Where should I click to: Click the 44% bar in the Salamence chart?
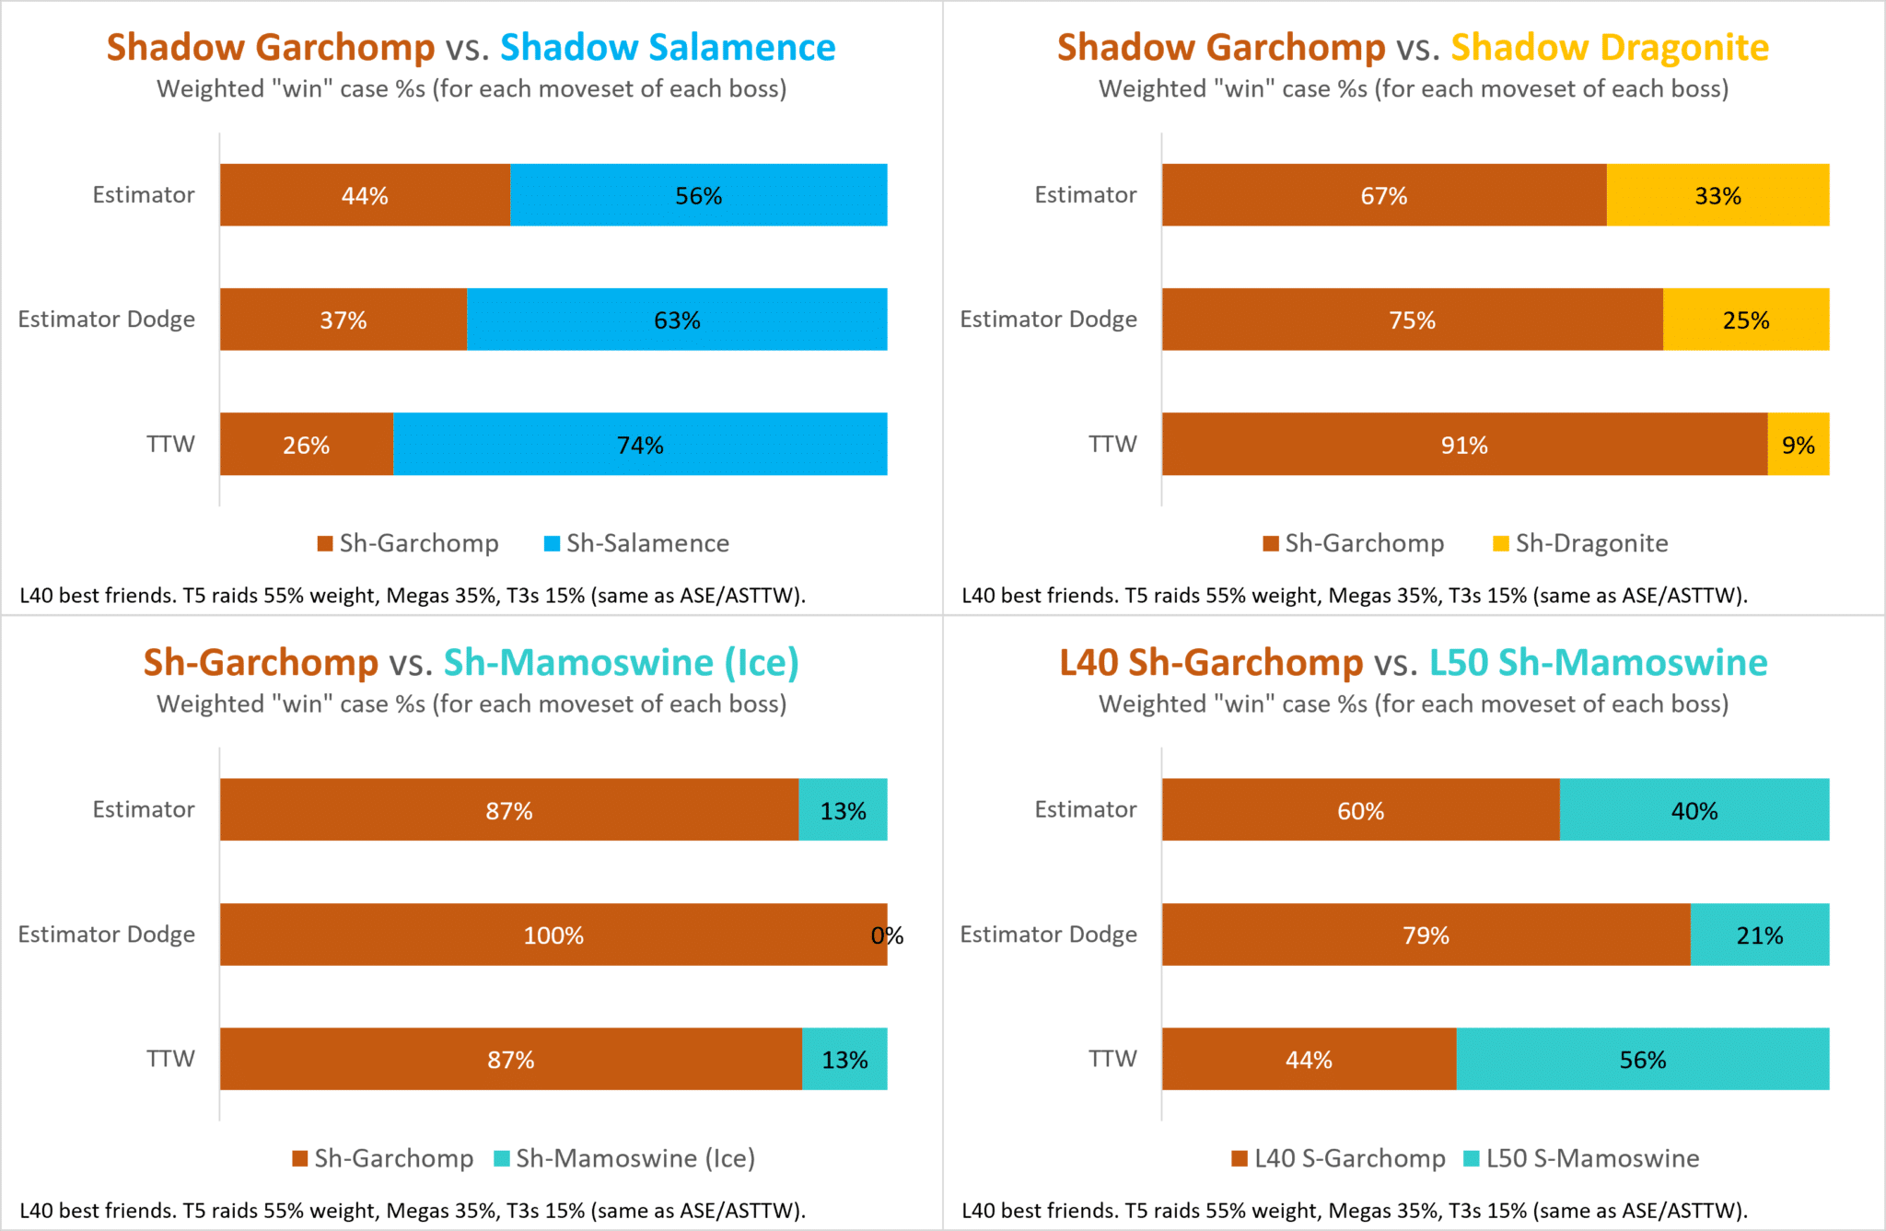pos(365,195)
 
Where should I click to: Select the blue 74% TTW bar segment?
pos(640,445)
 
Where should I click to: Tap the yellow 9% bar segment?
pos(1798,445)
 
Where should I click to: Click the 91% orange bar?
pos(1464,445)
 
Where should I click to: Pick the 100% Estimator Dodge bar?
pos(553,935)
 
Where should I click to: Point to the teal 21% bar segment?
pos(1759,935)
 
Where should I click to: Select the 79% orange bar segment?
pos(1426,935)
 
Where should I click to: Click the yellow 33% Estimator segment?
pos(1717,195)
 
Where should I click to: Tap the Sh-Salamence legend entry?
pos(637,543)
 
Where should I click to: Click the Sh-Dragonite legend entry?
pos(1581,543)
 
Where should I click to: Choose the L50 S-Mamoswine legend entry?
pos(1582,1158)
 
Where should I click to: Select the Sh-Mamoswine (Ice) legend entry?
pos(625,1158)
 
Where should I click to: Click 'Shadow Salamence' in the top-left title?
pos(668,47)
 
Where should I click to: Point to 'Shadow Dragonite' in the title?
pos(1610,47)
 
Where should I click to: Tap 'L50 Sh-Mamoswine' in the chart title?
pos(1598,662)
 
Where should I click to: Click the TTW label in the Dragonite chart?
pos(1112,444)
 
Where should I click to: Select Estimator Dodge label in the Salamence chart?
pos(107,319)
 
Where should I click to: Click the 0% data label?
pos(887,935)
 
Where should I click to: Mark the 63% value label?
pos(677,320)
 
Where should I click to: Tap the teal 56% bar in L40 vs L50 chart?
pos(1643,1060)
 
